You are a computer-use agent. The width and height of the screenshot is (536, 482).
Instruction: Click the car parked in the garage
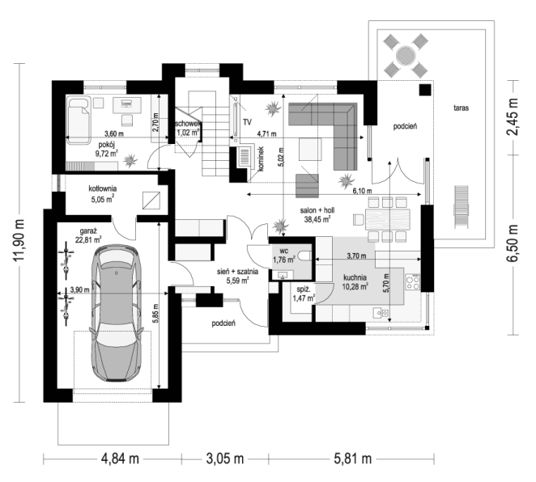[117, 313]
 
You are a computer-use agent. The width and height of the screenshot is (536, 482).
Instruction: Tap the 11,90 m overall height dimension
[19, 240]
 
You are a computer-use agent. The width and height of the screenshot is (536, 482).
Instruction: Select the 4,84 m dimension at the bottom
[120, 459]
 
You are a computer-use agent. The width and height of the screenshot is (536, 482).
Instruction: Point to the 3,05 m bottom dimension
[225, 459]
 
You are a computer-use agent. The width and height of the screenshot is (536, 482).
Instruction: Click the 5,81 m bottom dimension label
[353, 459]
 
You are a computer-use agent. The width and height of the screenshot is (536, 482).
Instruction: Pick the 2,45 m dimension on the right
[512, 116]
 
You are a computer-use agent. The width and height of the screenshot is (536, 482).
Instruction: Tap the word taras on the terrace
[462, 108]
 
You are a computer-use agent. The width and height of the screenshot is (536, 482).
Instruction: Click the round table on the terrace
[406, 55]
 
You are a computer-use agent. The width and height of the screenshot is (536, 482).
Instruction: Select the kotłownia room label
[103, 188]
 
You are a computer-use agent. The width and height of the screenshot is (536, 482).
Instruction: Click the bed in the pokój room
[79, 120]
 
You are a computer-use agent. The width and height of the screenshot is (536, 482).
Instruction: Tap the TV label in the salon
[247, 122]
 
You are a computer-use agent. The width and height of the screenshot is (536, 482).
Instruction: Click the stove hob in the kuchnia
[413, 282]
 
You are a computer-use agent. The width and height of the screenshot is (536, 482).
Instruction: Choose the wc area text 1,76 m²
[283, 260]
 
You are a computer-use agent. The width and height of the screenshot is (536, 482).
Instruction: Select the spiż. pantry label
[304, 290]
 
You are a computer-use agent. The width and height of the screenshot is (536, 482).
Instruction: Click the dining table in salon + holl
[388, 219]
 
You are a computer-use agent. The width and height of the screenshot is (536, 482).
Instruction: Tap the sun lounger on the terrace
[461, 207]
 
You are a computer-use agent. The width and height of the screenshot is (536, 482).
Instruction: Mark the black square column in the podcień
[426, 90]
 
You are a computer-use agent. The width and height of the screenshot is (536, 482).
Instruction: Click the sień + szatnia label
[237, 272]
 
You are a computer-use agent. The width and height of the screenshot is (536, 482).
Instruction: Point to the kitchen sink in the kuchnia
[380, 312]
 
